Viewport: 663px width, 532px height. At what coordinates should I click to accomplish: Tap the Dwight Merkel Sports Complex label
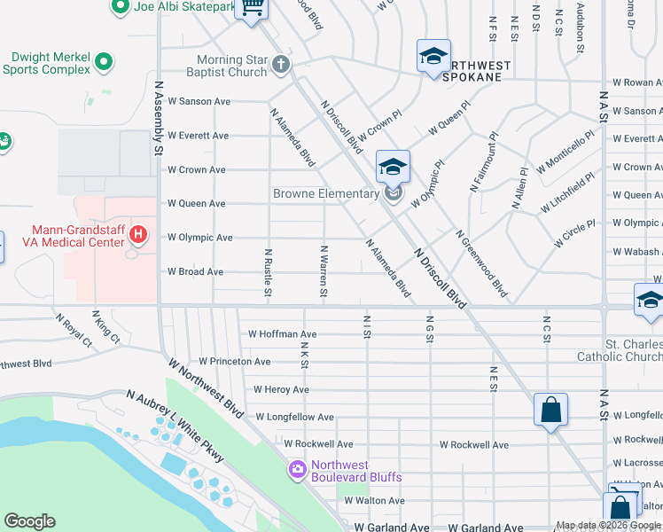46,62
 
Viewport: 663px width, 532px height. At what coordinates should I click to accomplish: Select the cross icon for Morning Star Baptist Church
281,65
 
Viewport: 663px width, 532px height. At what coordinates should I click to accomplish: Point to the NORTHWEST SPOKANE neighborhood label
478,71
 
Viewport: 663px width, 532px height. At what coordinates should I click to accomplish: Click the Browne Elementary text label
325,193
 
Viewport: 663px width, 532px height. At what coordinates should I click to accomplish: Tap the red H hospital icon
138,234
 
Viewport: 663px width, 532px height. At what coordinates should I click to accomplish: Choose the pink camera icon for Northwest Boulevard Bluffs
296,469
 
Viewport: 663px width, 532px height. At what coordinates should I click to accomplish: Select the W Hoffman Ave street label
282,334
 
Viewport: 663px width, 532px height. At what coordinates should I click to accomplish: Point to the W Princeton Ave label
234,362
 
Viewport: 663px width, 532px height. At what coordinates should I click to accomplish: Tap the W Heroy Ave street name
281,389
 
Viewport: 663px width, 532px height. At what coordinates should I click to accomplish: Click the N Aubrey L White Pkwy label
175,426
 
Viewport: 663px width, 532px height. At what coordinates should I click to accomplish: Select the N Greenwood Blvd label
481,263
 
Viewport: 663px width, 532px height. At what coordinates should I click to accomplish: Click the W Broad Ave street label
195,272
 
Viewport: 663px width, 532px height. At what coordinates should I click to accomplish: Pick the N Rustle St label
268,272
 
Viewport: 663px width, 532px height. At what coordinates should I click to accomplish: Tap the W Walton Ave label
374,501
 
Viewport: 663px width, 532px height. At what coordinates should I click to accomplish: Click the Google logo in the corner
29,521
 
